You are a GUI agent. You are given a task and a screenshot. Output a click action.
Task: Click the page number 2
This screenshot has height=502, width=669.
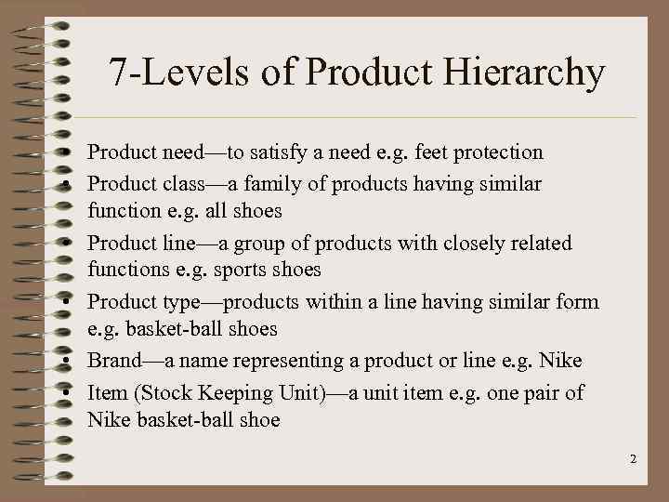(x=632, y=459)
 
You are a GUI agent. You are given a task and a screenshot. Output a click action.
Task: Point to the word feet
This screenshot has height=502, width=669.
(x=422, y=152)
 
